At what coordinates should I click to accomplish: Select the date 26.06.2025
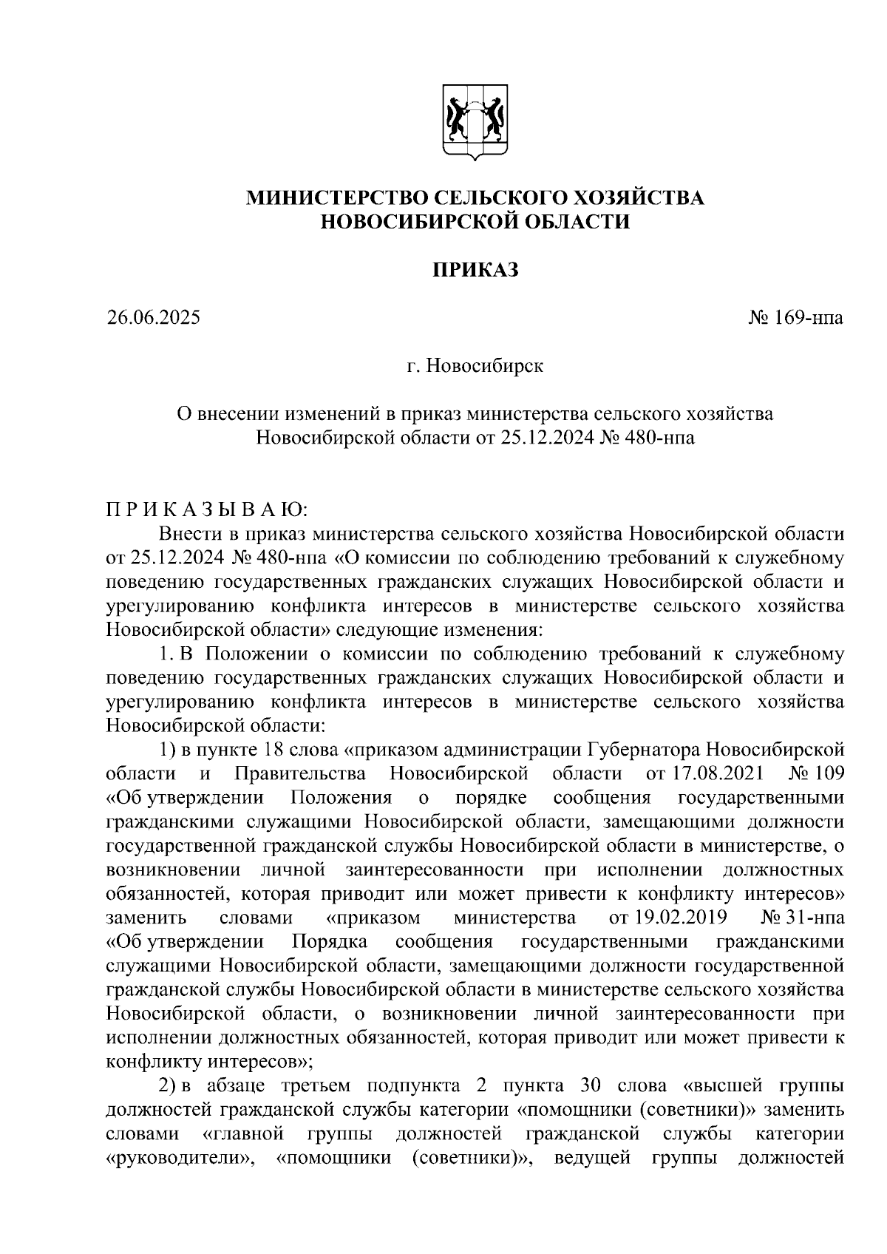153,318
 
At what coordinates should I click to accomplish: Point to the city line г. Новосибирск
475,366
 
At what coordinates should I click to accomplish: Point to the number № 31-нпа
801,918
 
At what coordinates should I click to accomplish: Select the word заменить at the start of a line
146,918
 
